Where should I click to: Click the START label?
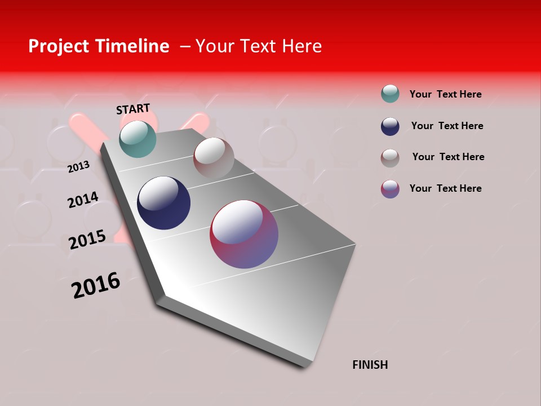tap(133, 109)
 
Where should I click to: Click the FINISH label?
tap(370, 365)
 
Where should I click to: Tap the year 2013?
tap(78, 167)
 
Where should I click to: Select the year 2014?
tap(83, 200)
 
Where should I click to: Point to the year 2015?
tap(87, 240)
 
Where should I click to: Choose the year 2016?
tap(96, 285)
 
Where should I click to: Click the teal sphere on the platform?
tap(138, 139)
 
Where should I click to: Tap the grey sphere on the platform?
tap(214, 158)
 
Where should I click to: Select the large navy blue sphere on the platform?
tap(163, 203)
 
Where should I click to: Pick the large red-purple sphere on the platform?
tap(244, 234)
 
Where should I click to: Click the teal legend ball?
tap(390, 94)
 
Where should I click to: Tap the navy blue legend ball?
tap(390, 126)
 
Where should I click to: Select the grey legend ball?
tap(390, 157)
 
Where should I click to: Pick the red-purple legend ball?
tap(390, 188)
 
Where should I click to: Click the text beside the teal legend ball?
tap(445, 94)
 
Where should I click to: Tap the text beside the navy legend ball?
tap(447, 126)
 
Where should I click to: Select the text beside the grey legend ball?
tap(448, 157)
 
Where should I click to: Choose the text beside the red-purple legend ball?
tap(445, 188)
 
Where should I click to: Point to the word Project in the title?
tap(58, 46)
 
